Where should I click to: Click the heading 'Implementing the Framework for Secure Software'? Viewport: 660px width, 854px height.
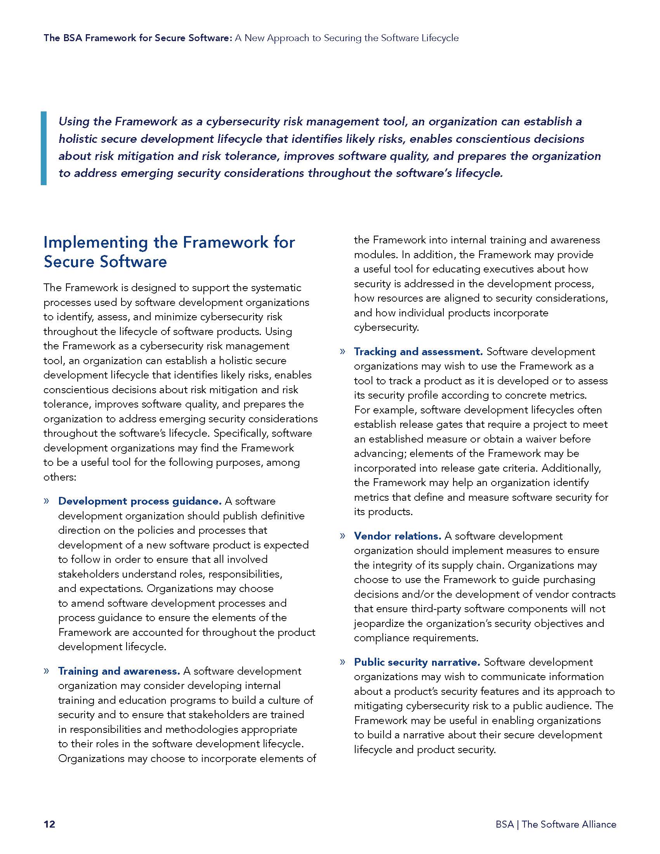[x=169, y=252]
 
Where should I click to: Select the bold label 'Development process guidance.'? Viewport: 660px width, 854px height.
[x=140, y=501]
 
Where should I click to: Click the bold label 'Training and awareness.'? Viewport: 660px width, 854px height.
[x=119, y=671]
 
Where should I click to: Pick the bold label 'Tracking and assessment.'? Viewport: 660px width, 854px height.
[x=418, y=352]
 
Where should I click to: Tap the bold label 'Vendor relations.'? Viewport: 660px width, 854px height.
[x=397, y=536]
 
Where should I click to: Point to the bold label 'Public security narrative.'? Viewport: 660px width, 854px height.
[x=417, y=662]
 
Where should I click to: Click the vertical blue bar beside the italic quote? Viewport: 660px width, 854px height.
[x=43, y=148]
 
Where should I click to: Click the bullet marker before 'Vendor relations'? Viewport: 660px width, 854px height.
[x=342, y=536]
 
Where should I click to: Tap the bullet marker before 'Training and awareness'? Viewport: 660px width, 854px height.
[x=47, y=671]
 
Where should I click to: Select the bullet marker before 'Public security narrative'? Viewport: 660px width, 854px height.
[x=342, y=662]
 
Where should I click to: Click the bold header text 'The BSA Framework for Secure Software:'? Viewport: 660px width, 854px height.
[x=138, y=38]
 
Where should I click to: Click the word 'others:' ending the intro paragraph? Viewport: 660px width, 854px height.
[x=59, y=477]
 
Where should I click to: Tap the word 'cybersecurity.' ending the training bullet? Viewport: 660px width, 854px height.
[x=386, y=327]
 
